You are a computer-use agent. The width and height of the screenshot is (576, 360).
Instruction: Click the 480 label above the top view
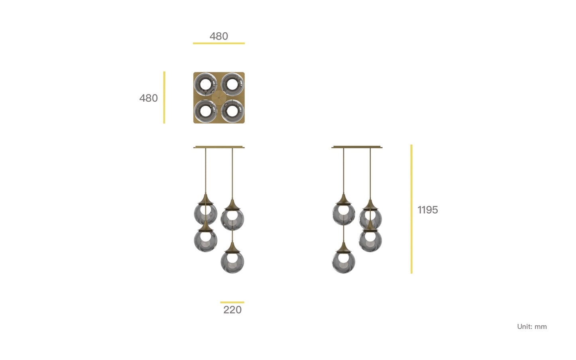218,36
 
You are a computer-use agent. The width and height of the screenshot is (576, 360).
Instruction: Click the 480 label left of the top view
148,98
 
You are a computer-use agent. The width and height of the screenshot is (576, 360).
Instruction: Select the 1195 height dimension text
427,210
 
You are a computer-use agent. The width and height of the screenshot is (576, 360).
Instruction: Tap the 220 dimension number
232,310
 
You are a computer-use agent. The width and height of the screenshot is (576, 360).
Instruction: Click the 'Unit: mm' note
532,327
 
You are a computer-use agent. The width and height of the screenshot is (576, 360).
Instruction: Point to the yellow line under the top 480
219,43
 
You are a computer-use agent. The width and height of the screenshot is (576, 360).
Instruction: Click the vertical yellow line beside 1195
411,209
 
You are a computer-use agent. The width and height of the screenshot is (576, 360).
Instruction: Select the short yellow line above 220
232,303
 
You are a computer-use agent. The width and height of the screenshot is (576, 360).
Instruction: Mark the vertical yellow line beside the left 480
164,97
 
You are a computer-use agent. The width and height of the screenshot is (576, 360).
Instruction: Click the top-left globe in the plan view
205,85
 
